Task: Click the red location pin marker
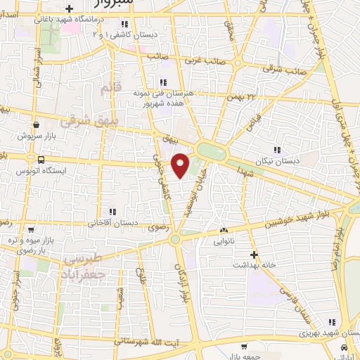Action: click(x=181, y=165)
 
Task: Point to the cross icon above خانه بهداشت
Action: click(x=254, y=254)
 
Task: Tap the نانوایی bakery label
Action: click(x=224, y=240)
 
